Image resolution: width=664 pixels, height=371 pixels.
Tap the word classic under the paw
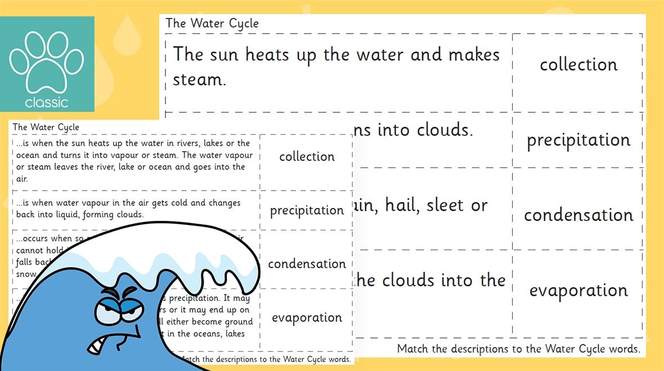[46, 102]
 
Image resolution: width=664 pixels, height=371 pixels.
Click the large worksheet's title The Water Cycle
[212, 24]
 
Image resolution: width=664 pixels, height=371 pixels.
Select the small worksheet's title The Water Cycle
[46, 127]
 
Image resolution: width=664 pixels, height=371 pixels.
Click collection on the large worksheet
[578, 65]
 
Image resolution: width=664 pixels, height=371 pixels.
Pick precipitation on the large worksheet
[578, 141]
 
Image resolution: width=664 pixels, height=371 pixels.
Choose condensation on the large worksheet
[578, 215]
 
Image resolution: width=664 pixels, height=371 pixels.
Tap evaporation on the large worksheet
[578, 291]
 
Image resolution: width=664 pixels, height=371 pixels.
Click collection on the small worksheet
[307, 156]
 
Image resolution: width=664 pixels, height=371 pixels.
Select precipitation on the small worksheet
[307, 211]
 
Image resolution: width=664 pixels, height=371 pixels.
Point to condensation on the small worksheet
[307, 264]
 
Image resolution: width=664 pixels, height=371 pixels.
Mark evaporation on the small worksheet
[307, 318]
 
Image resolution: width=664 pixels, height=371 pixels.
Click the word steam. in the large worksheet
[199, 80]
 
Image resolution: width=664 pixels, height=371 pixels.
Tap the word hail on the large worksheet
[402, 206]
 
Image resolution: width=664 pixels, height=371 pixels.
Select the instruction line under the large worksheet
[518, 349]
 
